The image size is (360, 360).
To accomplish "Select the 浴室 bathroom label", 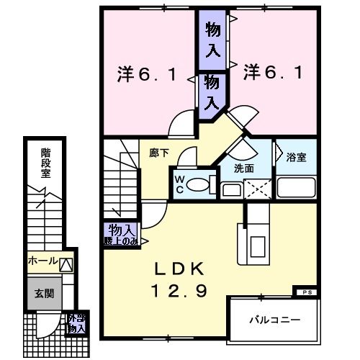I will [296, 158].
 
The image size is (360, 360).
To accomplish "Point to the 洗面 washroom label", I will [243, 168].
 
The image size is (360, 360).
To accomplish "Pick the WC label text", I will [178, 185].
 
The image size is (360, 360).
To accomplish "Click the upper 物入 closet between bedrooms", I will [213, 40].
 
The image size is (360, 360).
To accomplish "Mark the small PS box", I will [306, 292].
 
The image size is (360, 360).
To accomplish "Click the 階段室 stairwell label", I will [45, 163].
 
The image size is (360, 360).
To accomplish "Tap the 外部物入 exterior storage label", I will [76, 323].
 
